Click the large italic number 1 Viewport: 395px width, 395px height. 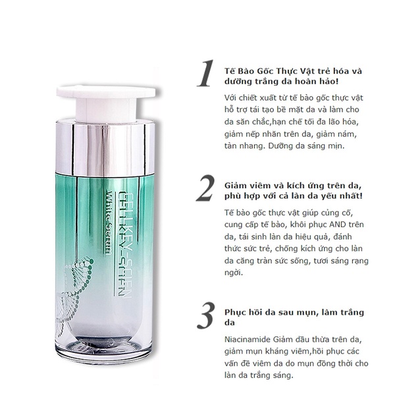pos(206,73)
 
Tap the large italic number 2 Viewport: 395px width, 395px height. pos(205,188)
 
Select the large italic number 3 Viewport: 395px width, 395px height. pos(206,315)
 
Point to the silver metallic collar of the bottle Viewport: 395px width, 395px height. pos(105,148)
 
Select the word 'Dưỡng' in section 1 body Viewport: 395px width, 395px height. pos(279,146)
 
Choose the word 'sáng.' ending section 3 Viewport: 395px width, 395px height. pos(283,376)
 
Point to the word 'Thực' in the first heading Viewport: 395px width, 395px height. pos(287,71)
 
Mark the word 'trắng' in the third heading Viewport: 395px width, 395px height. pos(352,313)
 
